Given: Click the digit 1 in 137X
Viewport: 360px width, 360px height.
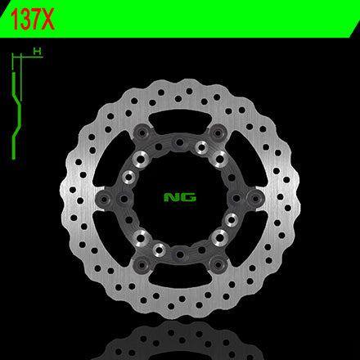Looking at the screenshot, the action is (14, 19).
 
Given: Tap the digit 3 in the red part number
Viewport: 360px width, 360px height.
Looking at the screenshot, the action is (23, 19).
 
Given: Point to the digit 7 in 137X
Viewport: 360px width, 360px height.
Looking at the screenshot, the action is (34, 19).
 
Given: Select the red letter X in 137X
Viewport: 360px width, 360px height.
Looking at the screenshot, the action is (47, 19).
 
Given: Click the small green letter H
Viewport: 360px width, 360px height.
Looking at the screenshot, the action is (37, 51).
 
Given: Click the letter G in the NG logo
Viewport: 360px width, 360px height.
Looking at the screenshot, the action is (188, 197).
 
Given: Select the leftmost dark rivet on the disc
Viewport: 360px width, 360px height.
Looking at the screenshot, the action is (104, 200).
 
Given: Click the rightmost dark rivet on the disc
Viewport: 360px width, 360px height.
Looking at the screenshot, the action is (255, 199).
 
